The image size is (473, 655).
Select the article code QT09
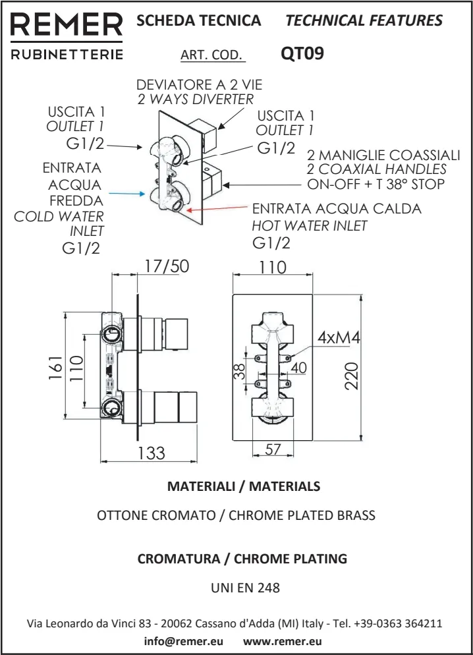pos(302,53)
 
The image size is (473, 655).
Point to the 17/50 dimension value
pos(167,266)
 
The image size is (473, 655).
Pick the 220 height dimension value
pos(352,375)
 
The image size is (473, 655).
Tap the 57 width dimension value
pos(273,451)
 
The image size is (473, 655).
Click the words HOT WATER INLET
pos(310,226)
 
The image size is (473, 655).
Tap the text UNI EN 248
pos(236,588)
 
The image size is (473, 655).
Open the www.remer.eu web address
pos(283,641)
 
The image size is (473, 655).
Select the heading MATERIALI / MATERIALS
pos(244,487)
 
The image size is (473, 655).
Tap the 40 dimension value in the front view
pos(298,368)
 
